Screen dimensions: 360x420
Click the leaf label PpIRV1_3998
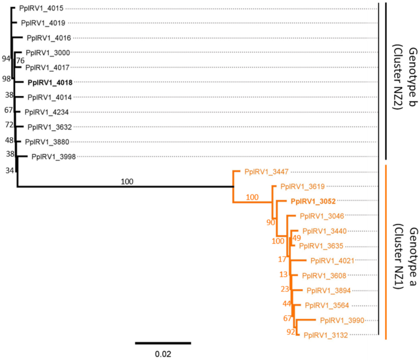click(x=53, y=156)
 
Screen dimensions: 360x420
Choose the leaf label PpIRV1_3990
click(x=342, y=320)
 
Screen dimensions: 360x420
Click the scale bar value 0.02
click(x=163, y=354)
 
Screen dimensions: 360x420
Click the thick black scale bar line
click(x=163, y=343)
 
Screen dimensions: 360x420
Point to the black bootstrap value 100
click(x=127, y=181)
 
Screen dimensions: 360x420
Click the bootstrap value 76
click(x=20, y=60)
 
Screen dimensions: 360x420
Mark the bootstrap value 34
click(x=9, y=170)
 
